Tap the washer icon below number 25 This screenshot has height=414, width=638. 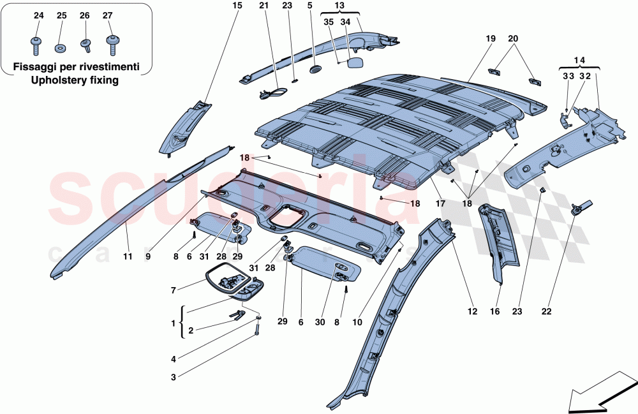(x=61, y=47)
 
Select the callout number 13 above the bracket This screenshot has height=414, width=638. (x=339, y=6)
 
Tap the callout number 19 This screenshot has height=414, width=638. (x=490, y=38)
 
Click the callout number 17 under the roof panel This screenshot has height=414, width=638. (x=440, y=203)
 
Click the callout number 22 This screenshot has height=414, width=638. (x=546, y=312)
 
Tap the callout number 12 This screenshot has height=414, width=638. (x=471, y=312)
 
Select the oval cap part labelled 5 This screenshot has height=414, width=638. (x=315, y=68)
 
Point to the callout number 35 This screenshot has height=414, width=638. (x=329, y=22)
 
